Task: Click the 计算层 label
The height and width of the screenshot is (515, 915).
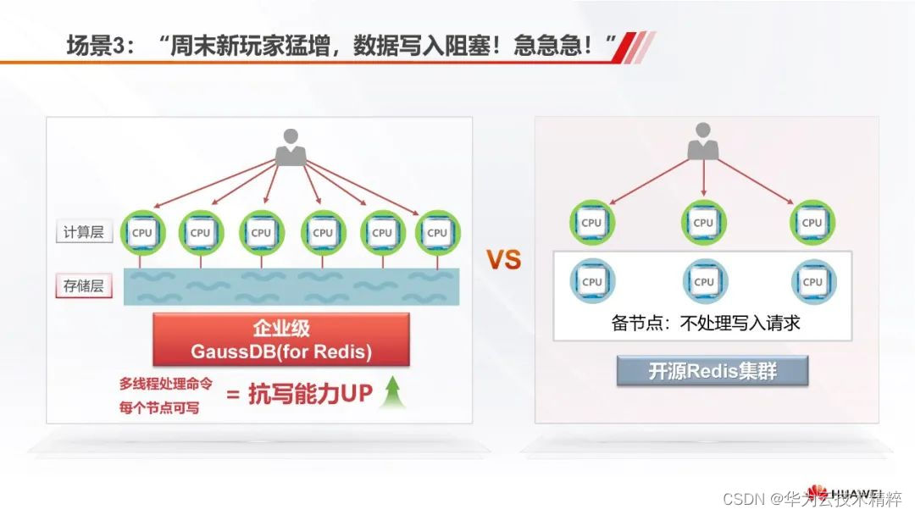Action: click(84, 232)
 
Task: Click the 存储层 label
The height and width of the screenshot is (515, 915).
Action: click(84, 285)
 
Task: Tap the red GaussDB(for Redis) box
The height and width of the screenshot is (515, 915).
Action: click(280, 340)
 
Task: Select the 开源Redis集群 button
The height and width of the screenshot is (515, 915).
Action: click(712, 371)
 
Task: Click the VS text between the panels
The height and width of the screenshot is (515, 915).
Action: click(502, 260)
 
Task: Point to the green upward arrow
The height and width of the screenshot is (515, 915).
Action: click(391, 391)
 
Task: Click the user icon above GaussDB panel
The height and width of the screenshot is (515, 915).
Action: click(290, 147)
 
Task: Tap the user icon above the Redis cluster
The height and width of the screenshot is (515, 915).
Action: click(702, 141)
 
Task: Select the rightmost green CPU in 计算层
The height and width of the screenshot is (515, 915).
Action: click(437, 232)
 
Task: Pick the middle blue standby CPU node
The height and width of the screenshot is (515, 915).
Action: click(703, 281)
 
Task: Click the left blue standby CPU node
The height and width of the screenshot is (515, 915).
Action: click(592, 281)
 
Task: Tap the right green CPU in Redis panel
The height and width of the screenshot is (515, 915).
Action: click(812, 223)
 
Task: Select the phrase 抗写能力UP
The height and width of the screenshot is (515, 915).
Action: click(311, 395)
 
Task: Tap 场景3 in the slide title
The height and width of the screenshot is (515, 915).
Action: click(98, 46)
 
